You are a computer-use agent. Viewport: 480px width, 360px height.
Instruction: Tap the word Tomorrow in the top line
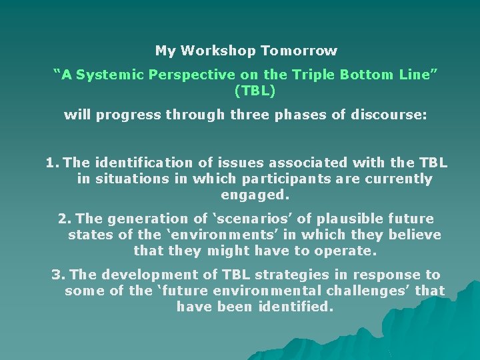pyautogui.click(x=299, y=51)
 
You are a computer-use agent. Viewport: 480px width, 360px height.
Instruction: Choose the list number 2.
pyautogui.click(x=64, y=219)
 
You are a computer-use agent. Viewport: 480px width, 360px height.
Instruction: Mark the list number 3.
pyautogui.click(x=58, y=275)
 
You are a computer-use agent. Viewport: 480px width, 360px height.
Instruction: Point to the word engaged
pyautogui.click(x=255, y=195)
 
